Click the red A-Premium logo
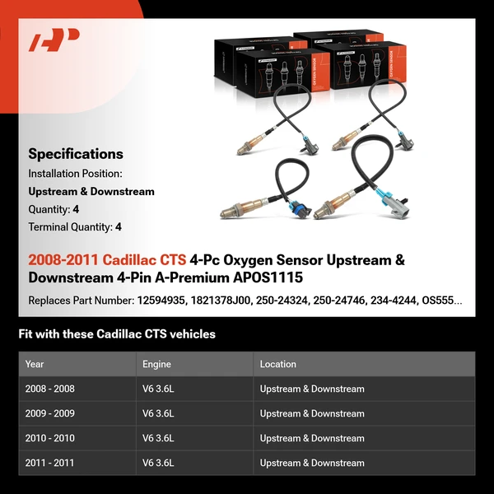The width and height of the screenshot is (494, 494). pos(54,40)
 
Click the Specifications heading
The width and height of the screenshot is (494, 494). pos(76,154)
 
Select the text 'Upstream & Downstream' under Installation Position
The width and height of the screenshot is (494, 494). pos(91,192)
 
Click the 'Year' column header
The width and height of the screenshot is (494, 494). pos(35,364)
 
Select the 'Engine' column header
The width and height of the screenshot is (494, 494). pos(157,364)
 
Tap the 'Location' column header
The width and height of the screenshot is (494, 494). pos(277,364)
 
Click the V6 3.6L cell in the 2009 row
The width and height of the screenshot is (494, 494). pos(158,413)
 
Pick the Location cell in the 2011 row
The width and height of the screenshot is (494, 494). pos(311,463)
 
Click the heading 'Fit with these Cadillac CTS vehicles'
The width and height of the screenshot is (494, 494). pos(116,334)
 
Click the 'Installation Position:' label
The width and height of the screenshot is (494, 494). pos(75,174)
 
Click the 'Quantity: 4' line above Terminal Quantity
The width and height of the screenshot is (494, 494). pos(54,209)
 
